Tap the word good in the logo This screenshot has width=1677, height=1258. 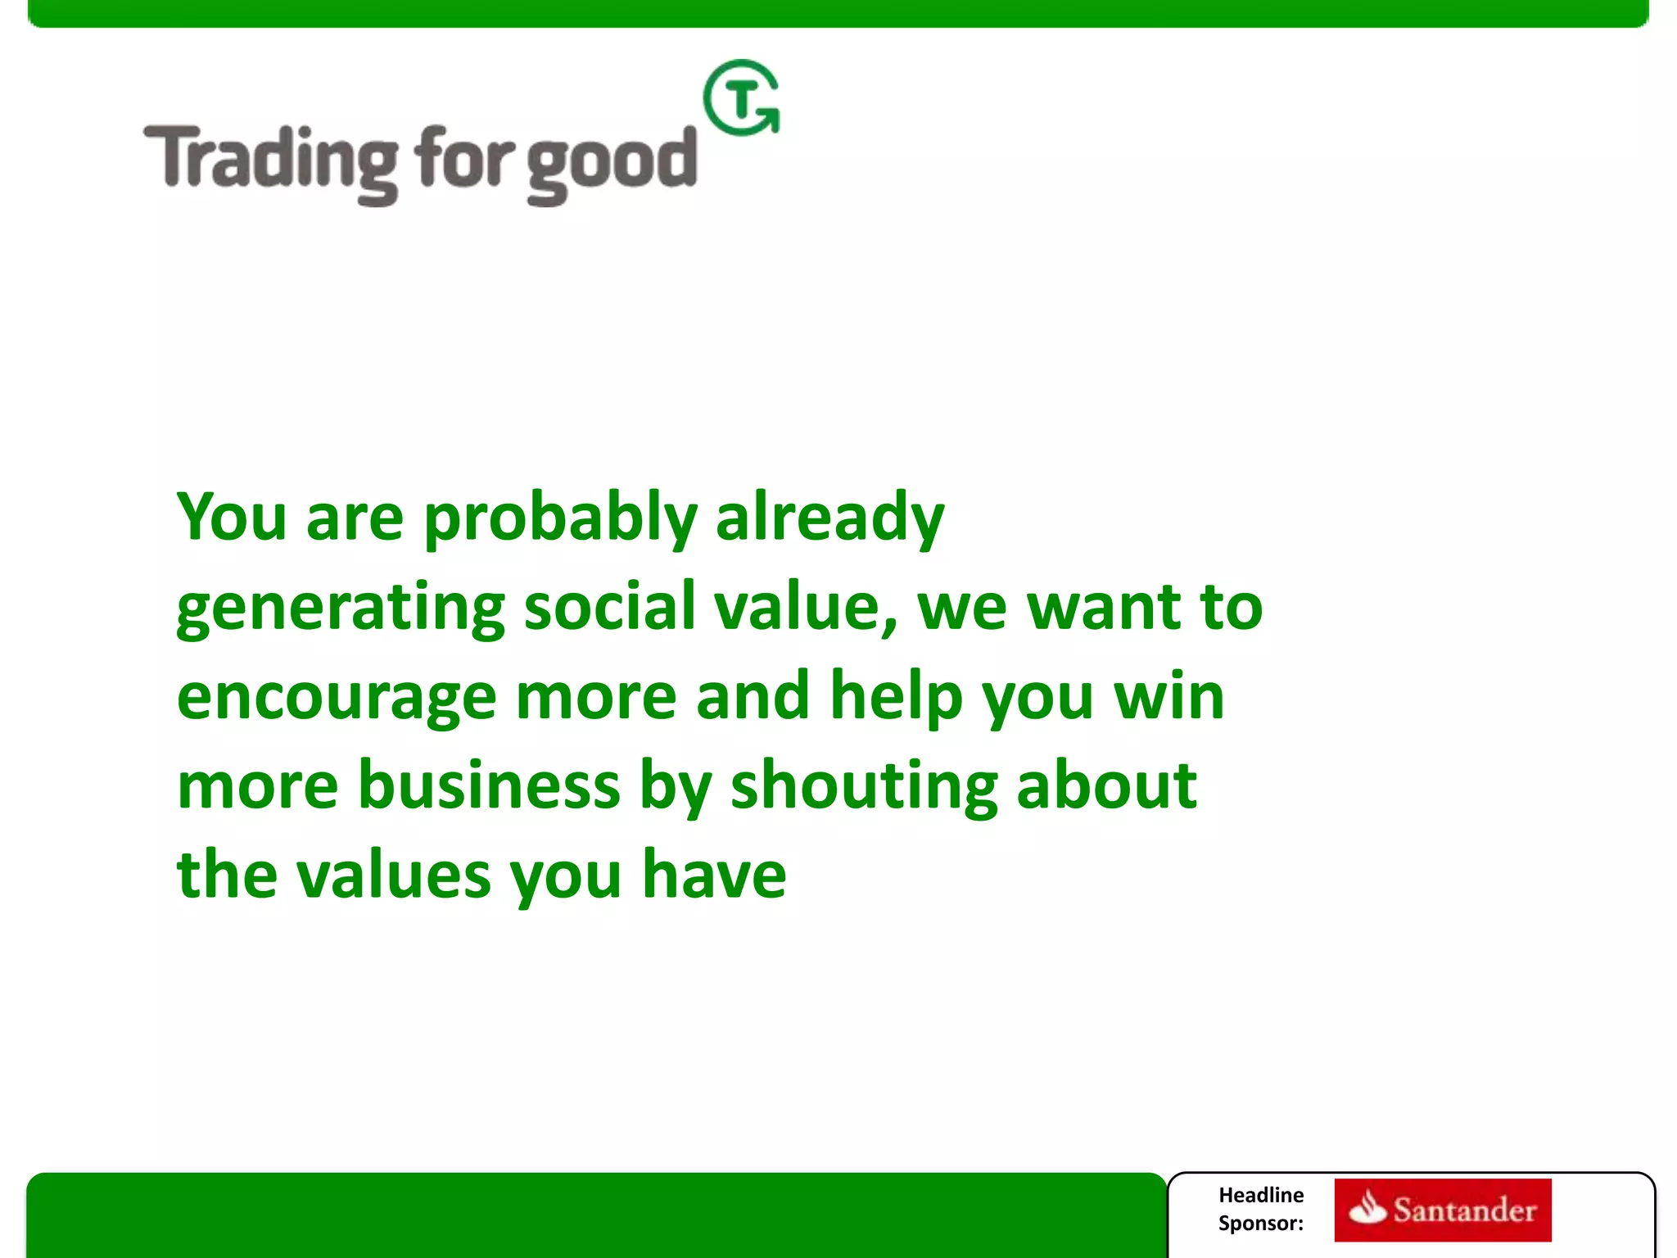tap(611, 164)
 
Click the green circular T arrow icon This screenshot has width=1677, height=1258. tap(742, 99)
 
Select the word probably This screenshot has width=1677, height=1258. tap(560, 519)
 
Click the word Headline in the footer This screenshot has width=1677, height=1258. tap(1260, 1195)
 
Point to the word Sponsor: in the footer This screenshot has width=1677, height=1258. tap(1260, 1224)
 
